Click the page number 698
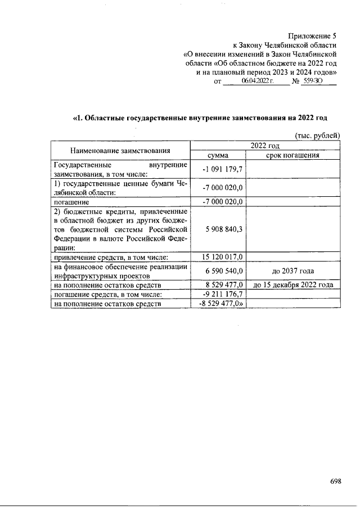[336, 481]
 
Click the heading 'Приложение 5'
[312, 36]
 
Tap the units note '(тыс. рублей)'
[317, 136]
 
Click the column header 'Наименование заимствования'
[120, 150]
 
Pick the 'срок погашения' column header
[292, 155]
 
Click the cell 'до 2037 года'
[292, 271]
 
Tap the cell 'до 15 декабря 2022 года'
[292, 285]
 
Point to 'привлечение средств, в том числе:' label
[107, 257]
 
